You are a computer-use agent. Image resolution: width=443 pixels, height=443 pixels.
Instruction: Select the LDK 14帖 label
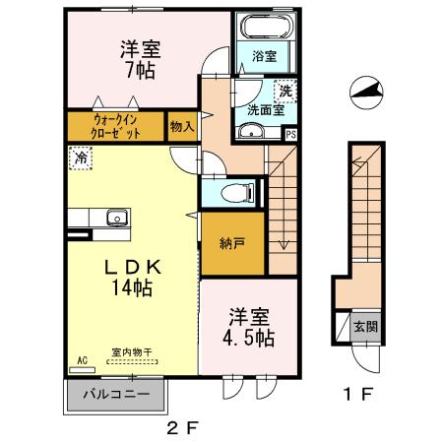(x=132, y=277)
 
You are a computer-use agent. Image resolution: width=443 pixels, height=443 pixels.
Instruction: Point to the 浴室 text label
(x=263, y=57)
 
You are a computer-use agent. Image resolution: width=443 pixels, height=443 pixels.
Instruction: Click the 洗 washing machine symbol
(x=284, y=91)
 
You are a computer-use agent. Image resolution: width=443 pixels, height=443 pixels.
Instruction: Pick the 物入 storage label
(x=182, y=126)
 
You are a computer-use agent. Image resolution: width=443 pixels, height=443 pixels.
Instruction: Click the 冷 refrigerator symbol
(x=77, y=155)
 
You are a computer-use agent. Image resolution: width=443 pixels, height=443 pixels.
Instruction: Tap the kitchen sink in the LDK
(x=114, y=217)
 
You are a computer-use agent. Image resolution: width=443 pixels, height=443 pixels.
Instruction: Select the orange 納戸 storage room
(x=233, y=243)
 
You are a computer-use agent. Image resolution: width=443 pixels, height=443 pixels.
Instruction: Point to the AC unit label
(x=79, y=361)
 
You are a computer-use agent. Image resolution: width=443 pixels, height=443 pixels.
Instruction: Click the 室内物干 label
(x=131, y=352)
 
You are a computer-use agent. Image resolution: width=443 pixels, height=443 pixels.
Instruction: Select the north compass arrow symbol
(x=363, y=94)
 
